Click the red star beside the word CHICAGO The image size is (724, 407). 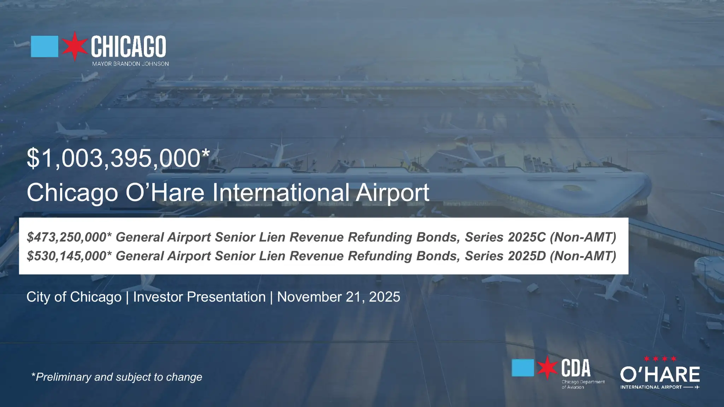click(x=75, y=46)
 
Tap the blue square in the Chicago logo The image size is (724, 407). click(x=45, y=46)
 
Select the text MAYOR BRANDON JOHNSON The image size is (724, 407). click(x=130, y=64)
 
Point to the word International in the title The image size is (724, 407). click(x=281, y=193)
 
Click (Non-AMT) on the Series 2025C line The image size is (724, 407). click(x=583, y=237)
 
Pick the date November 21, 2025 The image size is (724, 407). click(x=338, y=297)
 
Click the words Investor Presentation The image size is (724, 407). click(x=199, y=297)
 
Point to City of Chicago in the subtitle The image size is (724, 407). click(x=74, y=297)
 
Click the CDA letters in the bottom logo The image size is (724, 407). click(x=576, y=368)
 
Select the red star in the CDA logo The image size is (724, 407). click(x=547, y=368)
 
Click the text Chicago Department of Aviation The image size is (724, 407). click(x=583, y=384)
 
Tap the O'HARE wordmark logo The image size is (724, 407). click(x=660, y=375)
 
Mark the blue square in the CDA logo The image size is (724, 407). click(x=523, y=368)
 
